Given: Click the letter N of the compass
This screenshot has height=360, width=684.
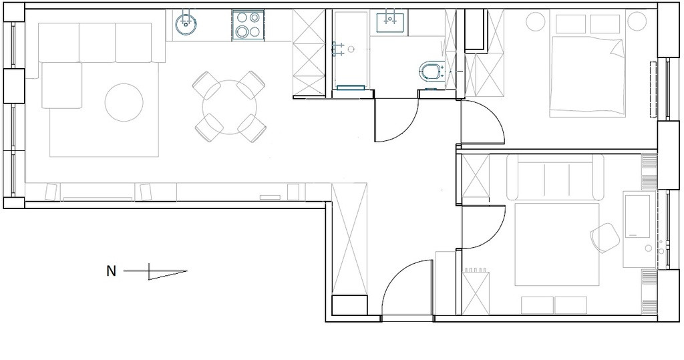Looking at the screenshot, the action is point(112,271).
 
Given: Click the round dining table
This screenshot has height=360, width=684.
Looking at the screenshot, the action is point(230,107).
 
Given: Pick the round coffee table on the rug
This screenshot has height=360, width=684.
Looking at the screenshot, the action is point(124,103).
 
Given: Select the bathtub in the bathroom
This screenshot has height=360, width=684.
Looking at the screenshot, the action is point(351,49).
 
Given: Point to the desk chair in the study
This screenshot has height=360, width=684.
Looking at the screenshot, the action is point(605,238).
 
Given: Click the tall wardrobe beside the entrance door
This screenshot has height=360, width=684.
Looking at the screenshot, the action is point(349,239).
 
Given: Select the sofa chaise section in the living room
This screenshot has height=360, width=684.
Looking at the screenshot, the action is point(61,85).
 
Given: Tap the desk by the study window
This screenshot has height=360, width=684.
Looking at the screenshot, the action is point(639,230).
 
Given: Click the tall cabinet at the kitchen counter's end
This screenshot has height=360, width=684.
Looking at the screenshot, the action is point(309,51).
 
